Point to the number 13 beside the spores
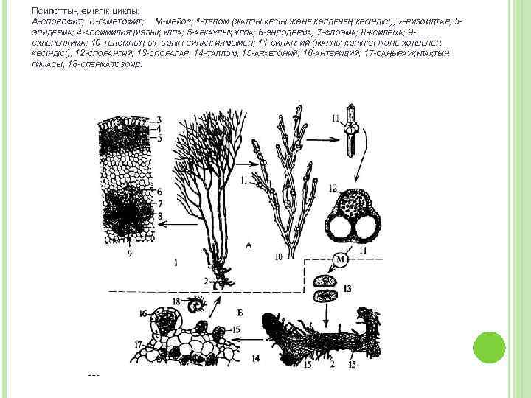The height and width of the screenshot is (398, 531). click(x=347, y=288)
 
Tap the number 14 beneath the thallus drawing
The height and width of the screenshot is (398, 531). click(x=255, y=359)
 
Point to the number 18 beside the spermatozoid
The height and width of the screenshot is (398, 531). click(x=175, y=301)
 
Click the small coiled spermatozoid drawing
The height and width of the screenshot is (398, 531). click(x=197, y=304)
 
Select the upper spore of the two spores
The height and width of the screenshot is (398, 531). click(x=324, y=282)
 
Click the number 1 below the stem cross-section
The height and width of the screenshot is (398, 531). click(x=176, y=261)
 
